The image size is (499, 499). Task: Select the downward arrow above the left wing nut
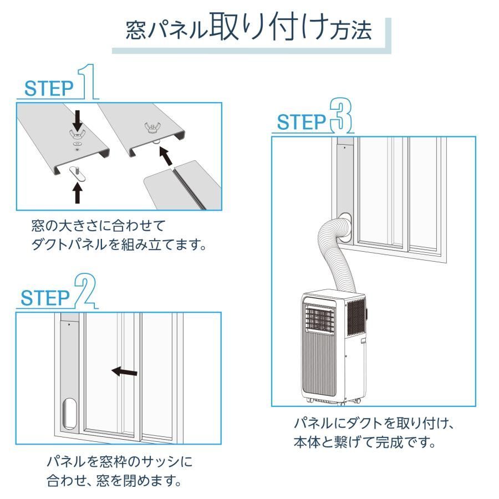coord(78,118)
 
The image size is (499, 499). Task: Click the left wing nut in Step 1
coord(78,134)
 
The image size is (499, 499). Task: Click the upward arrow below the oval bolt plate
coord(78,192)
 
